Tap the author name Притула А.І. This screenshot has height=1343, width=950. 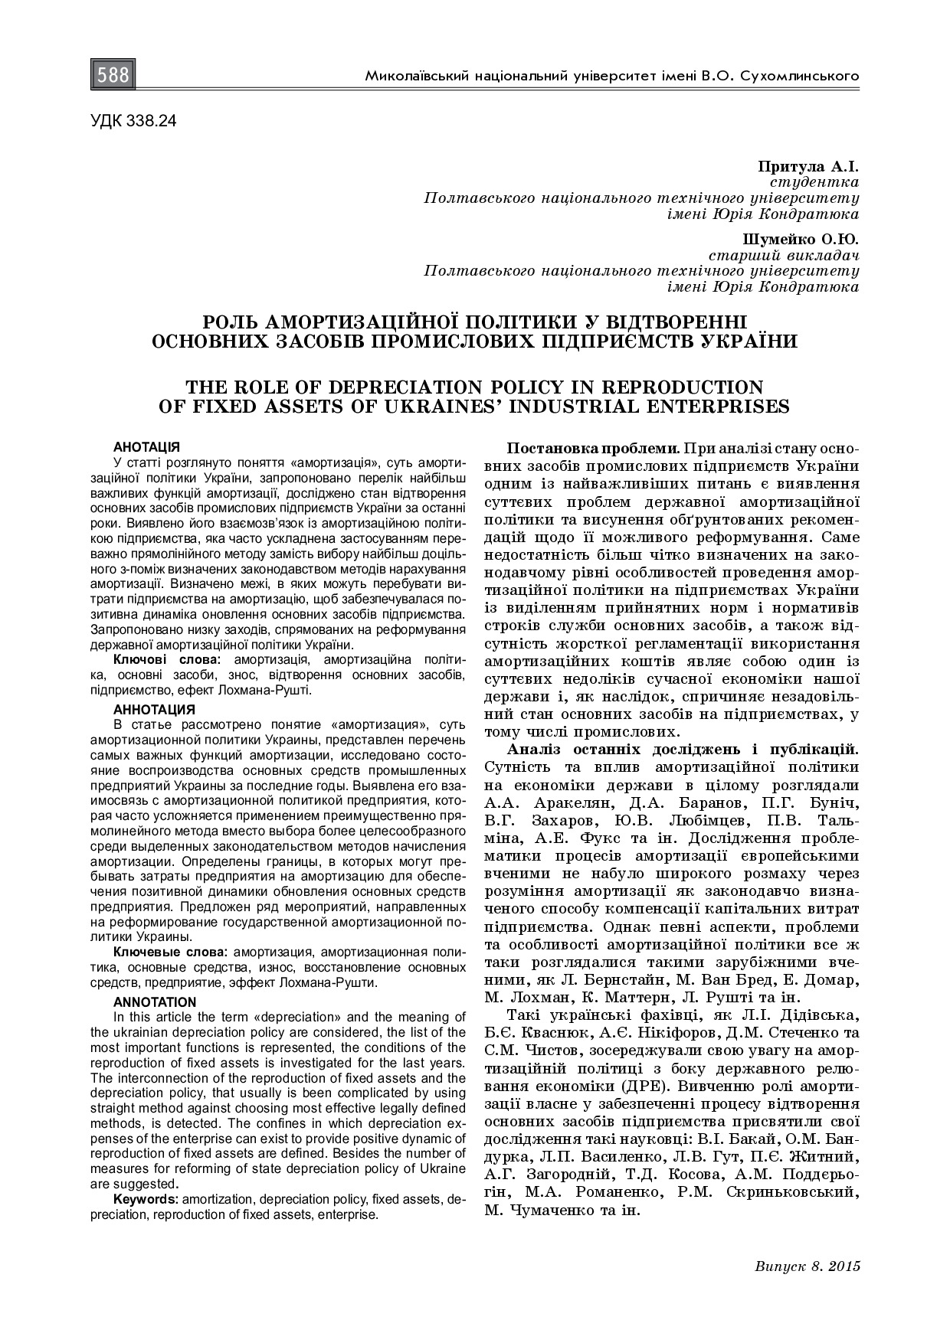click(808, 166)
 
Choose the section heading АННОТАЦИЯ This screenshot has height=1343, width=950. click(154, 709)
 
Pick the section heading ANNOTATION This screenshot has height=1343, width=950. click(155, 1002)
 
